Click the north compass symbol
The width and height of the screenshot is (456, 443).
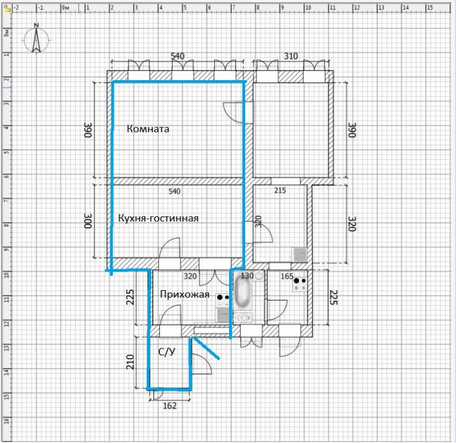point(36,39)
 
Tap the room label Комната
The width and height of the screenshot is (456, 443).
point(148,129)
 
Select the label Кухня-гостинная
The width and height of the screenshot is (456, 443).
point(159,218)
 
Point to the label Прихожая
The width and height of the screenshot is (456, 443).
point(185,294)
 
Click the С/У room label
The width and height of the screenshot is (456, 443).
point(167,352)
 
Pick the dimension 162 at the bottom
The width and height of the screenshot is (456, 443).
point(170,406)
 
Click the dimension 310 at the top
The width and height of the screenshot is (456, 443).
point(291,56)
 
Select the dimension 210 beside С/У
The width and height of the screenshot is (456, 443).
point(130,362)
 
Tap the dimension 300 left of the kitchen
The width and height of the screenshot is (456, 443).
point(88,221)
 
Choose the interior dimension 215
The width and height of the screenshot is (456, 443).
point(280,190)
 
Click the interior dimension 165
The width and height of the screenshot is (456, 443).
point(287,276)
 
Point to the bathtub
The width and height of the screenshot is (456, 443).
point(242,291)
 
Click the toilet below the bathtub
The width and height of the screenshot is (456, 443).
point(244,317)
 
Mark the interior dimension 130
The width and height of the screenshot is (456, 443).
point(247,276)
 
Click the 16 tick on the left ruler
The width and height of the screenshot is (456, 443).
point(6,420)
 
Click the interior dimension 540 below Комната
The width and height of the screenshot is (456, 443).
point(174,192)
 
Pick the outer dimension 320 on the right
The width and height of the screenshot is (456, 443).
point(352,224)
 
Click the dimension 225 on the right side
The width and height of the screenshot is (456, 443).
point(334,297)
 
